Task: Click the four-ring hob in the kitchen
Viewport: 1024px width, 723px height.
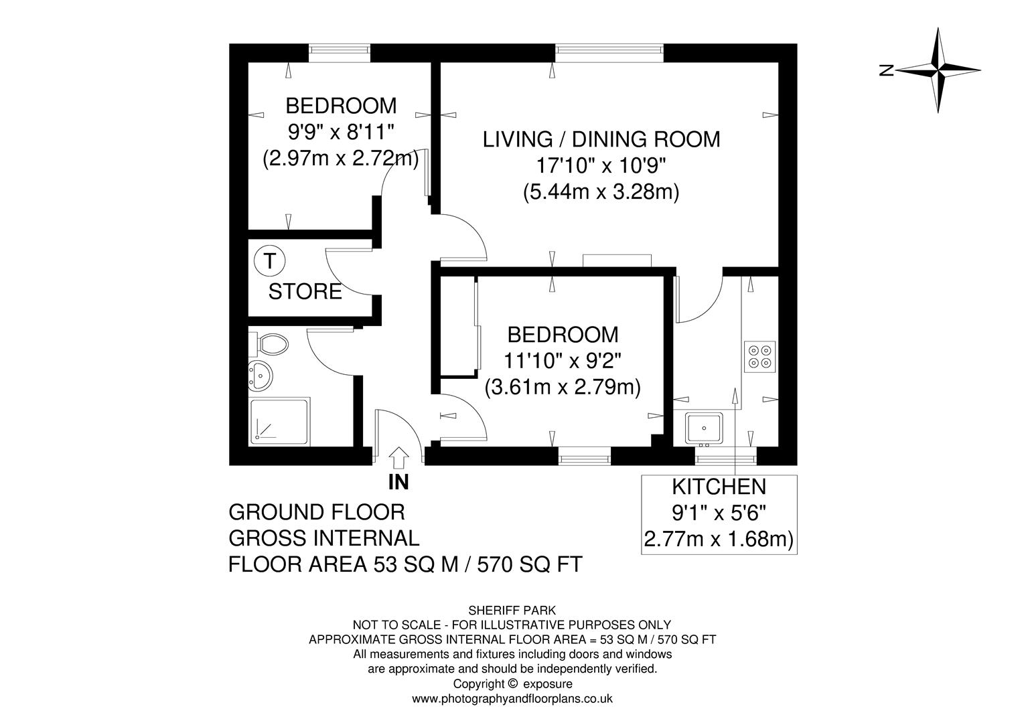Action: [760, 356]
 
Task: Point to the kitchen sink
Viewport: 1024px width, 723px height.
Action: [703, 427]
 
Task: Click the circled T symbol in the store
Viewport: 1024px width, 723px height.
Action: [269, 260]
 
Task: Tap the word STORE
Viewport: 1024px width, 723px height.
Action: [305, 292]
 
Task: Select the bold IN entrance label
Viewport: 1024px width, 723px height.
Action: [398, 482]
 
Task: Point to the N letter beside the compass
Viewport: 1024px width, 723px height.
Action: [887, 70]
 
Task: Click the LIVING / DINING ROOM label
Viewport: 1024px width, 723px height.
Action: [601, 139]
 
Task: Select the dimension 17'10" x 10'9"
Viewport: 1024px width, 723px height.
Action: [601, 166]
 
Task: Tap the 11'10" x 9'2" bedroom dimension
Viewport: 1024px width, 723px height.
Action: [563, 361]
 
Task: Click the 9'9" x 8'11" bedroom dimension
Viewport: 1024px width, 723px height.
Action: [340, 132]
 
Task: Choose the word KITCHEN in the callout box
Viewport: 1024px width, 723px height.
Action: [719, 487]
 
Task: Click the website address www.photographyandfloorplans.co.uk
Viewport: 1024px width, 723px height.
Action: [512, 699]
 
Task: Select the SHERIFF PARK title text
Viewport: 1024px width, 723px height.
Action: [512, 611]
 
